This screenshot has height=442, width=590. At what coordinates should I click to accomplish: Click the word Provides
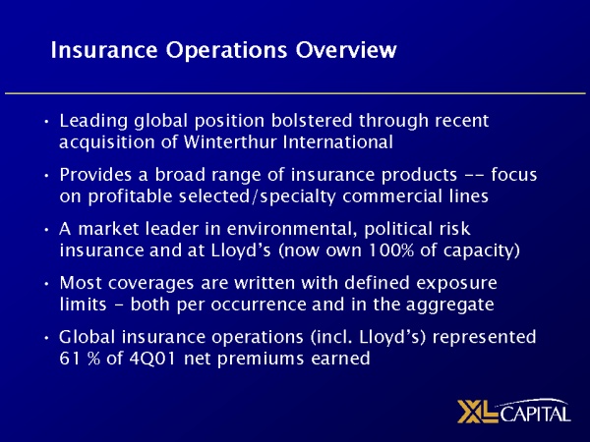(96, 174)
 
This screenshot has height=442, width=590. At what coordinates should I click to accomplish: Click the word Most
(79, 284)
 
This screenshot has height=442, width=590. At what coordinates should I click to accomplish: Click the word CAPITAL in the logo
(538, 414)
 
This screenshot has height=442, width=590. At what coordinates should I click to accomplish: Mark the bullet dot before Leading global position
(47, 122)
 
